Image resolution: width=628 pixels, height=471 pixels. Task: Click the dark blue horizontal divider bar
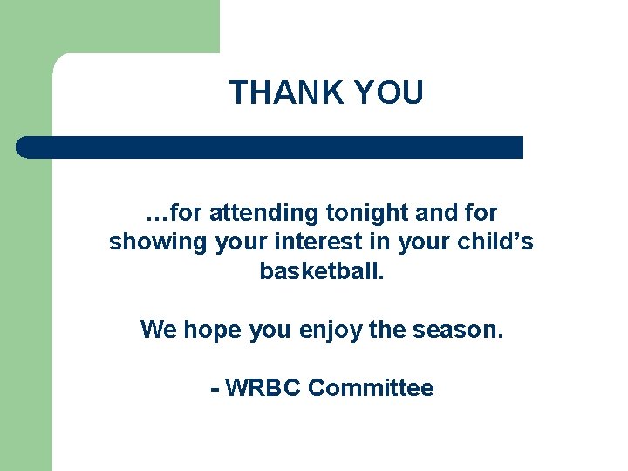pyautogui.click(x=270, y=147)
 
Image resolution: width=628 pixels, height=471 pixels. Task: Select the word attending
pyautogui.click(x=265, y=213)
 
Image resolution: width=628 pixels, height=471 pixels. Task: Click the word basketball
pyautogui.click(x=321, y=271)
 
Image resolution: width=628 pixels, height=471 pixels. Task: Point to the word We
pyautogui.click(x=158, y=330)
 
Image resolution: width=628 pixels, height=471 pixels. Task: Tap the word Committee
pyautogui.click(x=371, y=388)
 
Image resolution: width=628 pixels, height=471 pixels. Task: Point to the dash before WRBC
pyautogui.click(x=214, y=389)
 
